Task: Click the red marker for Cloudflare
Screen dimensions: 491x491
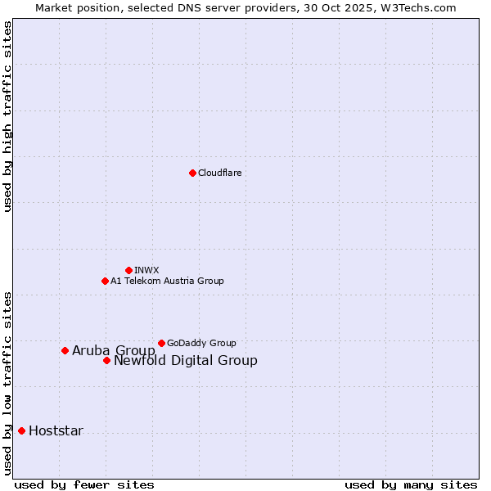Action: pyautogui.click(x=192, y=173)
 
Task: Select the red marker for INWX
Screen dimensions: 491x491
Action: pyautogui.click(x=128, y=270)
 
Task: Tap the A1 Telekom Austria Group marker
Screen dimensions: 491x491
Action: pyautogui.click(x=105, y=281)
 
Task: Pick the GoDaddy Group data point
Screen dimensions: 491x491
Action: pyautogui.click(x=161, y=343)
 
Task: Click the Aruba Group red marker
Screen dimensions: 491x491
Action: pyautogui.click(x=65, y=350)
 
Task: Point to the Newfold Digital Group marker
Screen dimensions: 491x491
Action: pyautogui.click(x=106, y=360)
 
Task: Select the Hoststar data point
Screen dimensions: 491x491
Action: pyautogui.click(x=21, y=430)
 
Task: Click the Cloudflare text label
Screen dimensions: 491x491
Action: pyautogui.click(x=219, y=173)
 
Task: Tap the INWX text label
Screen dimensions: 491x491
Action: pyautogui.click(x=146, y=270)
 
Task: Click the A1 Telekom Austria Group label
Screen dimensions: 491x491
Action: pyautogui.click(x=167, y=281)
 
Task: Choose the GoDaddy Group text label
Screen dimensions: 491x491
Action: pyautogui.click(x=201, y=343)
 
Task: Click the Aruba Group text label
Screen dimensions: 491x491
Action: pyautogui.click(x=113, y=350)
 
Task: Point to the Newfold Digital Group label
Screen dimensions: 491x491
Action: pyautogui.click(x=185, y=360)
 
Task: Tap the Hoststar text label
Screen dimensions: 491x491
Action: pyautogui.click(x=56, y=430)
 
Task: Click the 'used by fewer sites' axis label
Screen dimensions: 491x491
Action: pyautogui.click(x=84, y=484)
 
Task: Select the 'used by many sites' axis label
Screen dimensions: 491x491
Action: pyautogui.click(x=411, y=484)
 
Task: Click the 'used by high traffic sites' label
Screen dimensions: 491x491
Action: pyautogui.click(x=8, y=116)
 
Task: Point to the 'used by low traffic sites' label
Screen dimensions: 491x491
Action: pyautogui.click(x=8, y=383)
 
